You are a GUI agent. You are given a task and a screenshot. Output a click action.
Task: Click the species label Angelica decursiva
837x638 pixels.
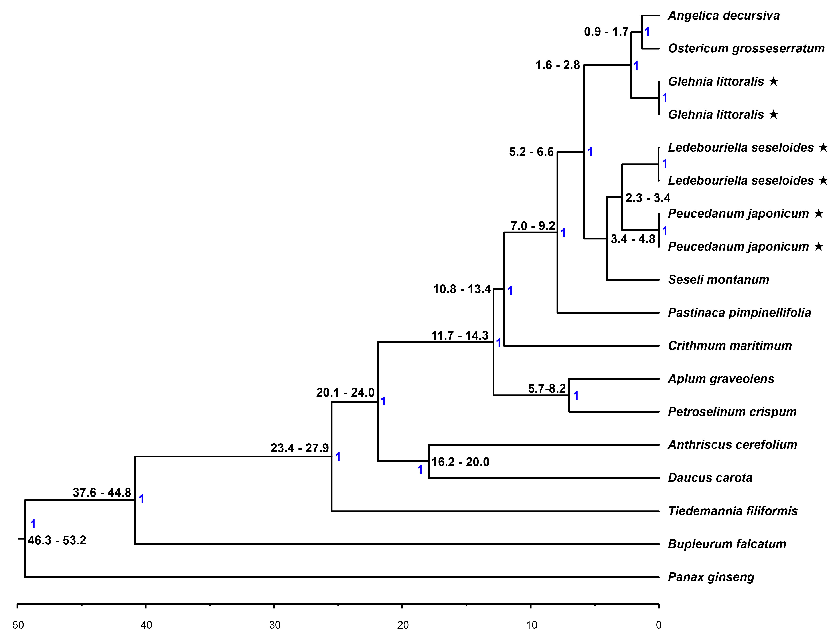[724, 16]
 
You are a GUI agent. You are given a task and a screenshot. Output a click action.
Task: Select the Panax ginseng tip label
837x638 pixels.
[711, 577]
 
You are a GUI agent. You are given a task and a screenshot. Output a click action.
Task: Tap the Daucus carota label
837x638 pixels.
[710, 478]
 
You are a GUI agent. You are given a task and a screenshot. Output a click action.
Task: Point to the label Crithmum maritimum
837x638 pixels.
[730, 346]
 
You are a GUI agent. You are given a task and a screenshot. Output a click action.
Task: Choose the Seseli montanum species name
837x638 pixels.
[718, 279]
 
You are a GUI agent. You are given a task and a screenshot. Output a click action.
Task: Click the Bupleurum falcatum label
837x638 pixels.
[727, 544]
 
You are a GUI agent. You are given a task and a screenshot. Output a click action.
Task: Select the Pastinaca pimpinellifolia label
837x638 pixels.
[739, 313]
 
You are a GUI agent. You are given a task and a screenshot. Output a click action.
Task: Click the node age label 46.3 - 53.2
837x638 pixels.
[57, 540]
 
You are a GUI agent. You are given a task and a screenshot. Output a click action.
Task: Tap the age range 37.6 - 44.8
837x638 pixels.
[102, 493]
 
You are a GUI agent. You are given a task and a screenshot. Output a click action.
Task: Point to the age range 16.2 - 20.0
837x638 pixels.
[460, 462]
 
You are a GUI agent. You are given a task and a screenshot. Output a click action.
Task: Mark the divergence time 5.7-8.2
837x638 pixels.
[547, 388]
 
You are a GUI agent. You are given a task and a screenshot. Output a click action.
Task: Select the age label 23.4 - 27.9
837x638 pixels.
[299, 448]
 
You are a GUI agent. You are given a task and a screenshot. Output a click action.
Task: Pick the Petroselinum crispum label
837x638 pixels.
[732, 412]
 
